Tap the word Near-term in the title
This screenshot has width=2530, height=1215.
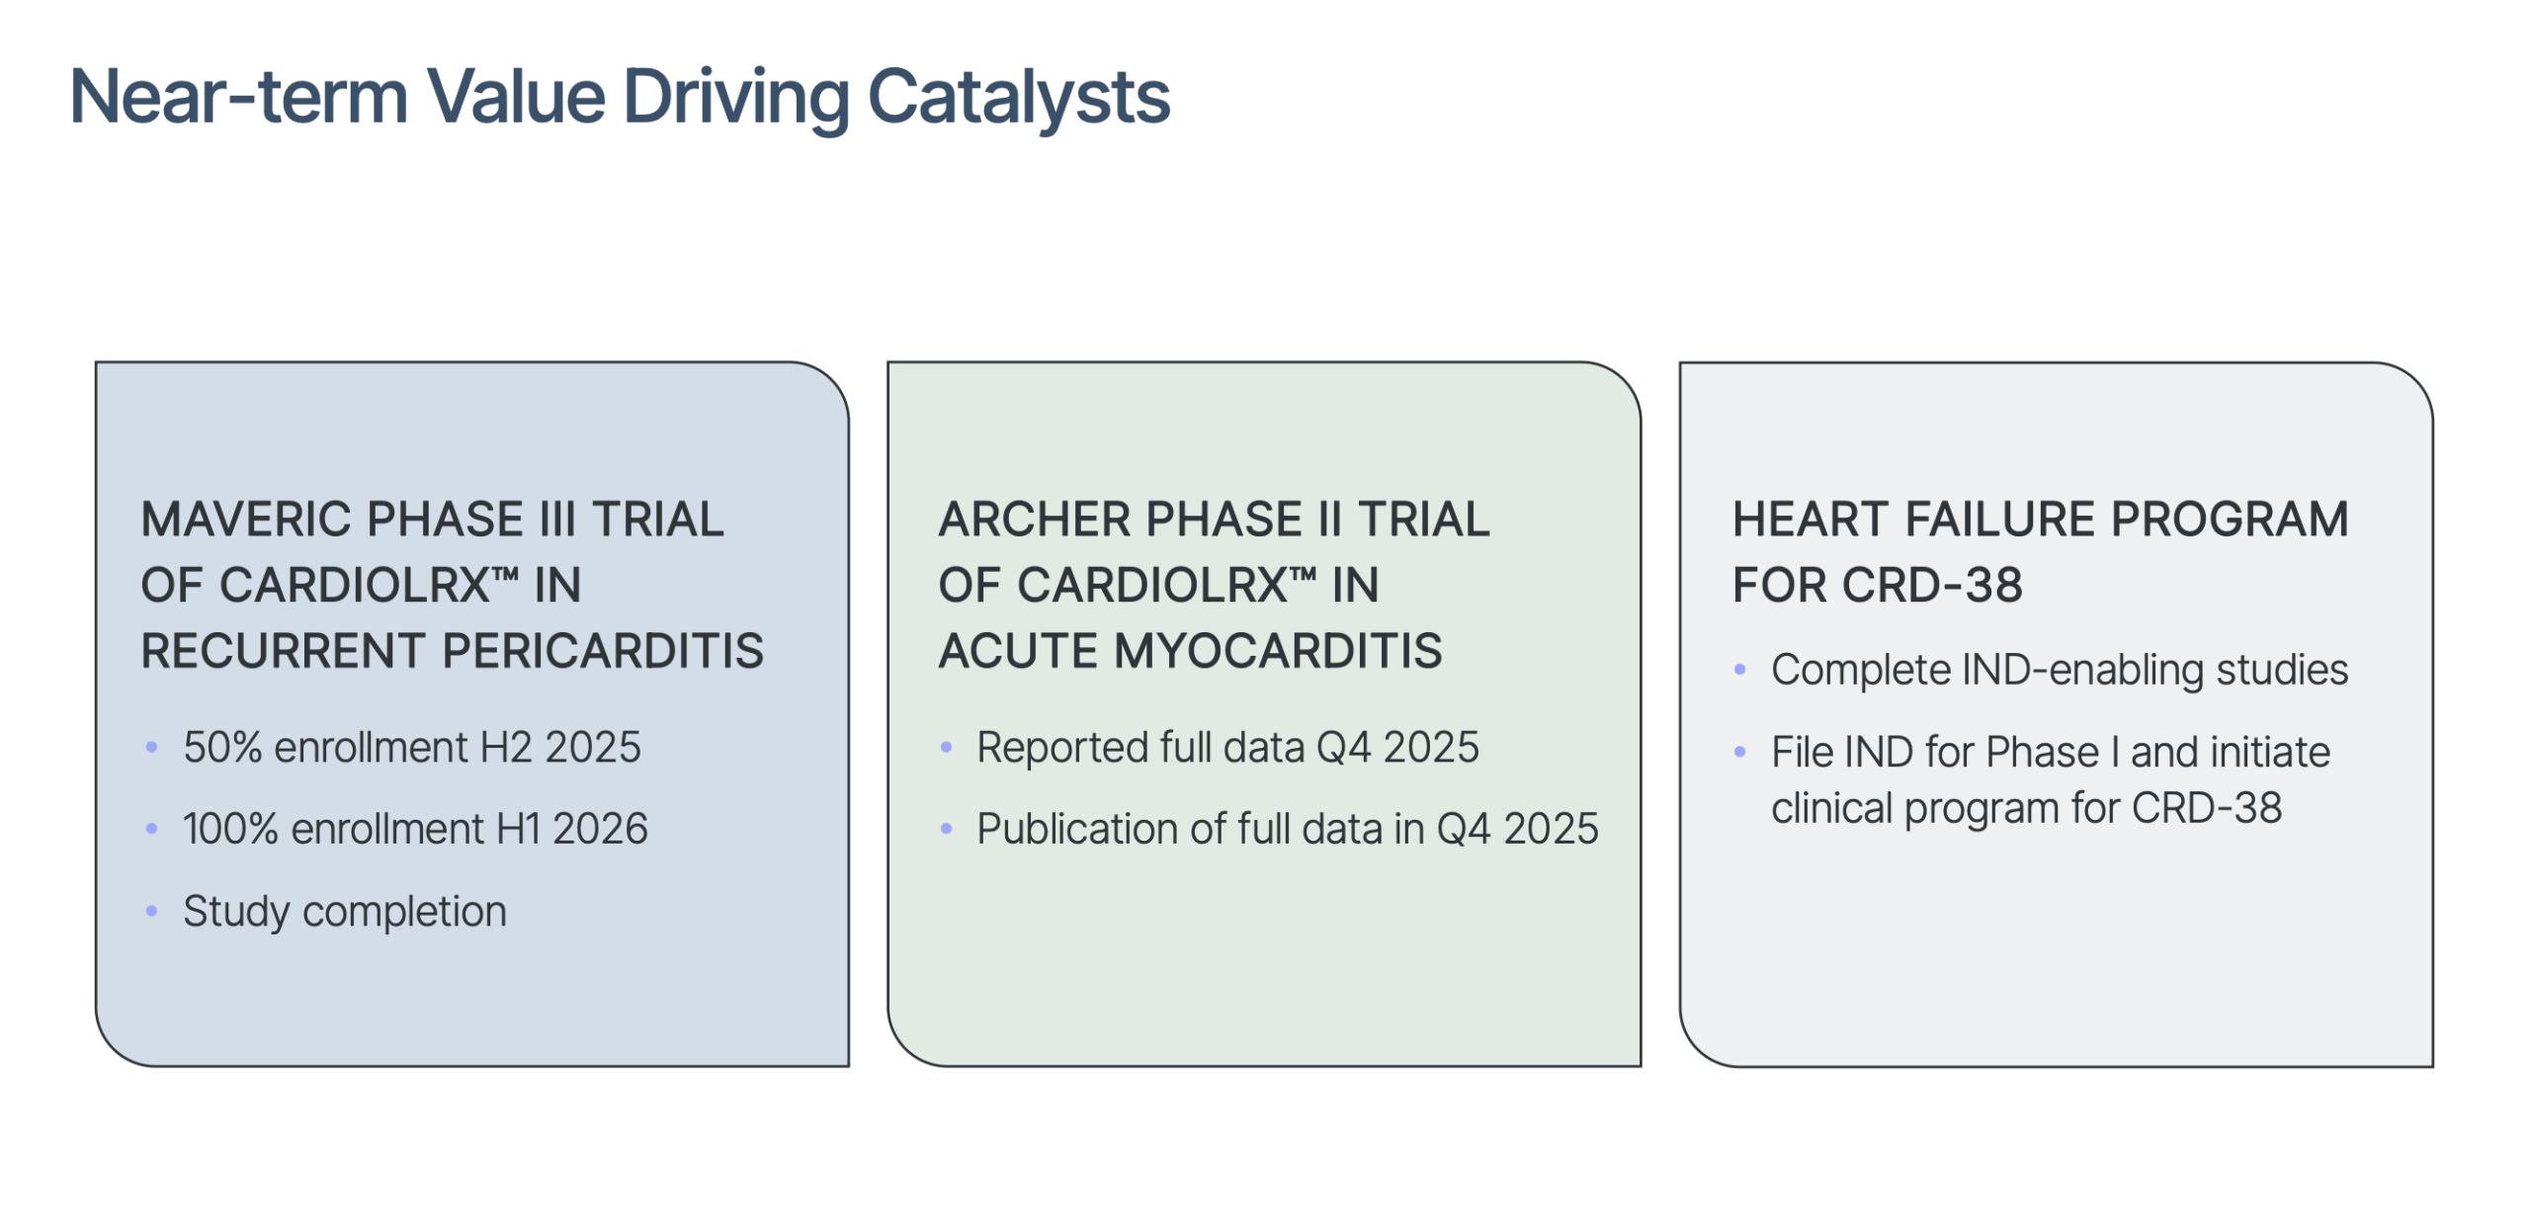tap(238, 98)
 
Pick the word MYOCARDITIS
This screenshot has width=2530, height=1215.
tap(1278, 651)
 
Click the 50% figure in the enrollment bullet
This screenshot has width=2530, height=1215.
tap(222, 748)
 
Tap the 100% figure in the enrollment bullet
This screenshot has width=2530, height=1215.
tap(230, 829)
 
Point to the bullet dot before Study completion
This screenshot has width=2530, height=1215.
tap(151, 911)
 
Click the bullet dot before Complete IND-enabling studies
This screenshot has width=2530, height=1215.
tap(1740, 670)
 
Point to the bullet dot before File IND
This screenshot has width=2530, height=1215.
tap(1740, 752)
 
